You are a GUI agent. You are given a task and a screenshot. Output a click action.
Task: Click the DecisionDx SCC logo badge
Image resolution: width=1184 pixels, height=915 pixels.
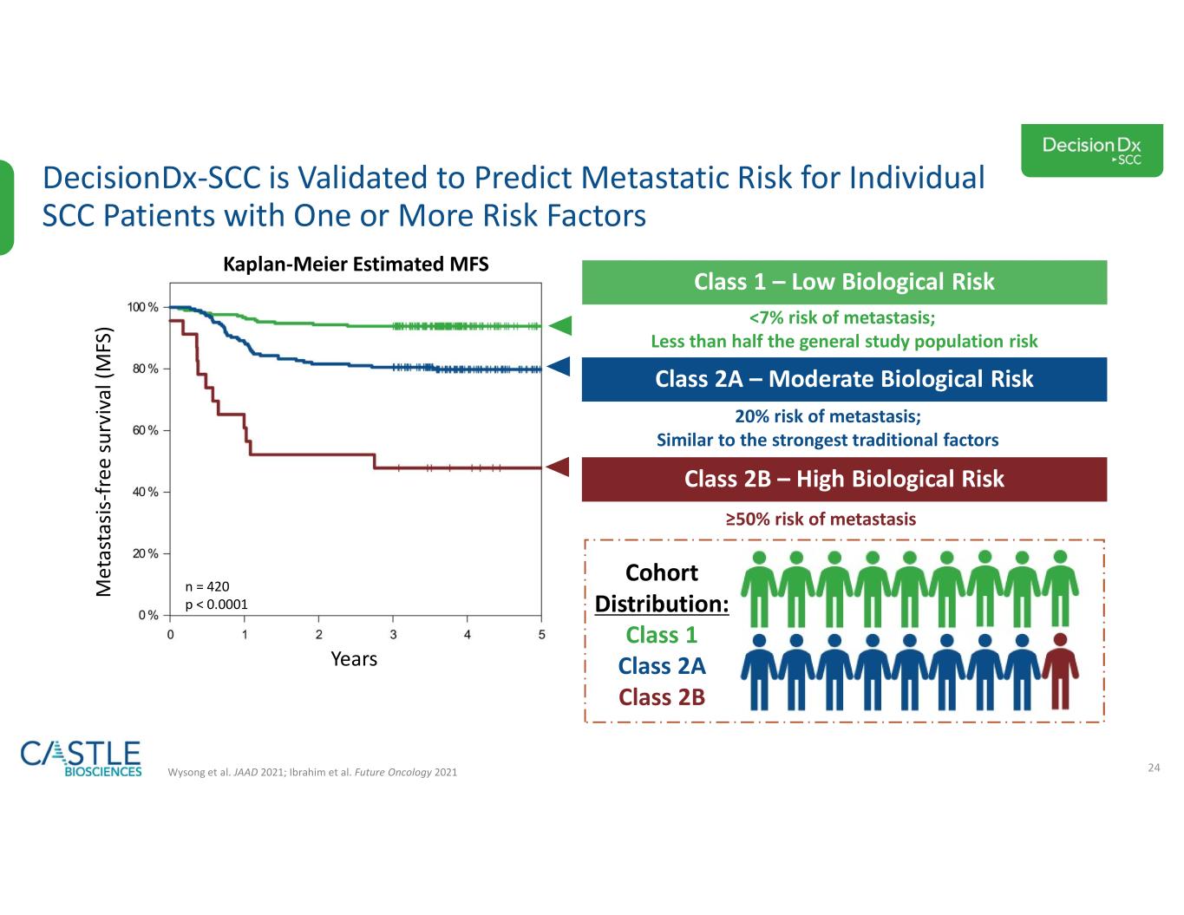(1091, 150)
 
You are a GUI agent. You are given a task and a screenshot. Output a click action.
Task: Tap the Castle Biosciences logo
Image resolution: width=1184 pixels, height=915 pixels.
(81, 758)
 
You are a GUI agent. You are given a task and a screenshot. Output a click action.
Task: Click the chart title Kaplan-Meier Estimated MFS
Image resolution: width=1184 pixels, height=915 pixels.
(356, 265)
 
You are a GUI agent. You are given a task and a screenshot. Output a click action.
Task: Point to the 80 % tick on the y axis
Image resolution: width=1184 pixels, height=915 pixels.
(145, 369)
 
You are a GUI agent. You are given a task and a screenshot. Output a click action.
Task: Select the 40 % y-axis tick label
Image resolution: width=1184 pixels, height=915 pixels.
(145, 492)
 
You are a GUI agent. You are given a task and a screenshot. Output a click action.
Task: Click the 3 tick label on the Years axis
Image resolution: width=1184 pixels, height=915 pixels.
(393, 635)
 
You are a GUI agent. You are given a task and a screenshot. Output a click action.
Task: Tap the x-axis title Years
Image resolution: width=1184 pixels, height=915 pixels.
(354, 659)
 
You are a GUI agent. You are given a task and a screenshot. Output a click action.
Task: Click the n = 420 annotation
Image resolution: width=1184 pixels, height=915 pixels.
(207, 586)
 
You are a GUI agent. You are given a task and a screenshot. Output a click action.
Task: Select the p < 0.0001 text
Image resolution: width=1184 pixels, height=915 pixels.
(216, 605)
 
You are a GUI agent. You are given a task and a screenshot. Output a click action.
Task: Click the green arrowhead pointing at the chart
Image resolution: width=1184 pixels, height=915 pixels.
(560, 326)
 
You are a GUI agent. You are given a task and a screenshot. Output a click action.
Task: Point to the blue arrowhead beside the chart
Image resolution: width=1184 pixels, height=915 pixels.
(559, 367)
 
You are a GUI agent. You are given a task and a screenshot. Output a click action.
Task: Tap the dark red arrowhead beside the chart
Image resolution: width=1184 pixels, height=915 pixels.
(558, 467)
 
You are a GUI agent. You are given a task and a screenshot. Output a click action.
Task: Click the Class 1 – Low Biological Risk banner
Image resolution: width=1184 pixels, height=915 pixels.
(844, 282)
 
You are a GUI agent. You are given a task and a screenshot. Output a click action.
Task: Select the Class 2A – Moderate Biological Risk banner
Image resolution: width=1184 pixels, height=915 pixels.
(844, 379)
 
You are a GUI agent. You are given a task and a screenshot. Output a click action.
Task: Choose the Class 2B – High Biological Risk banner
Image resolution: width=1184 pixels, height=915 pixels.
(844, 480)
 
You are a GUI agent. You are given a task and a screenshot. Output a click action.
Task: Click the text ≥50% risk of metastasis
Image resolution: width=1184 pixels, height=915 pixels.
(821, 519)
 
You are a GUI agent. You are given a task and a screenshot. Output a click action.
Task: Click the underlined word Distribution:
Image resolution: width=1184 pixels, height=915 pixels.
(662, 604)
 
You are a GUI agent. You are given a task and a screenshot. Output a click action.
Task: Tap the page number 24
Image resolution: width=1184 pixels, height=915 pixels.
(1154, 768)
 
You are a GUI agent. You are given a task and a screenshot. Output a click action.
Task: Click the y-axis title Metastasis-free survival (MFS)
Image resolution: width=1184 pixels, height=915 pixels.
(103, 461)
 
